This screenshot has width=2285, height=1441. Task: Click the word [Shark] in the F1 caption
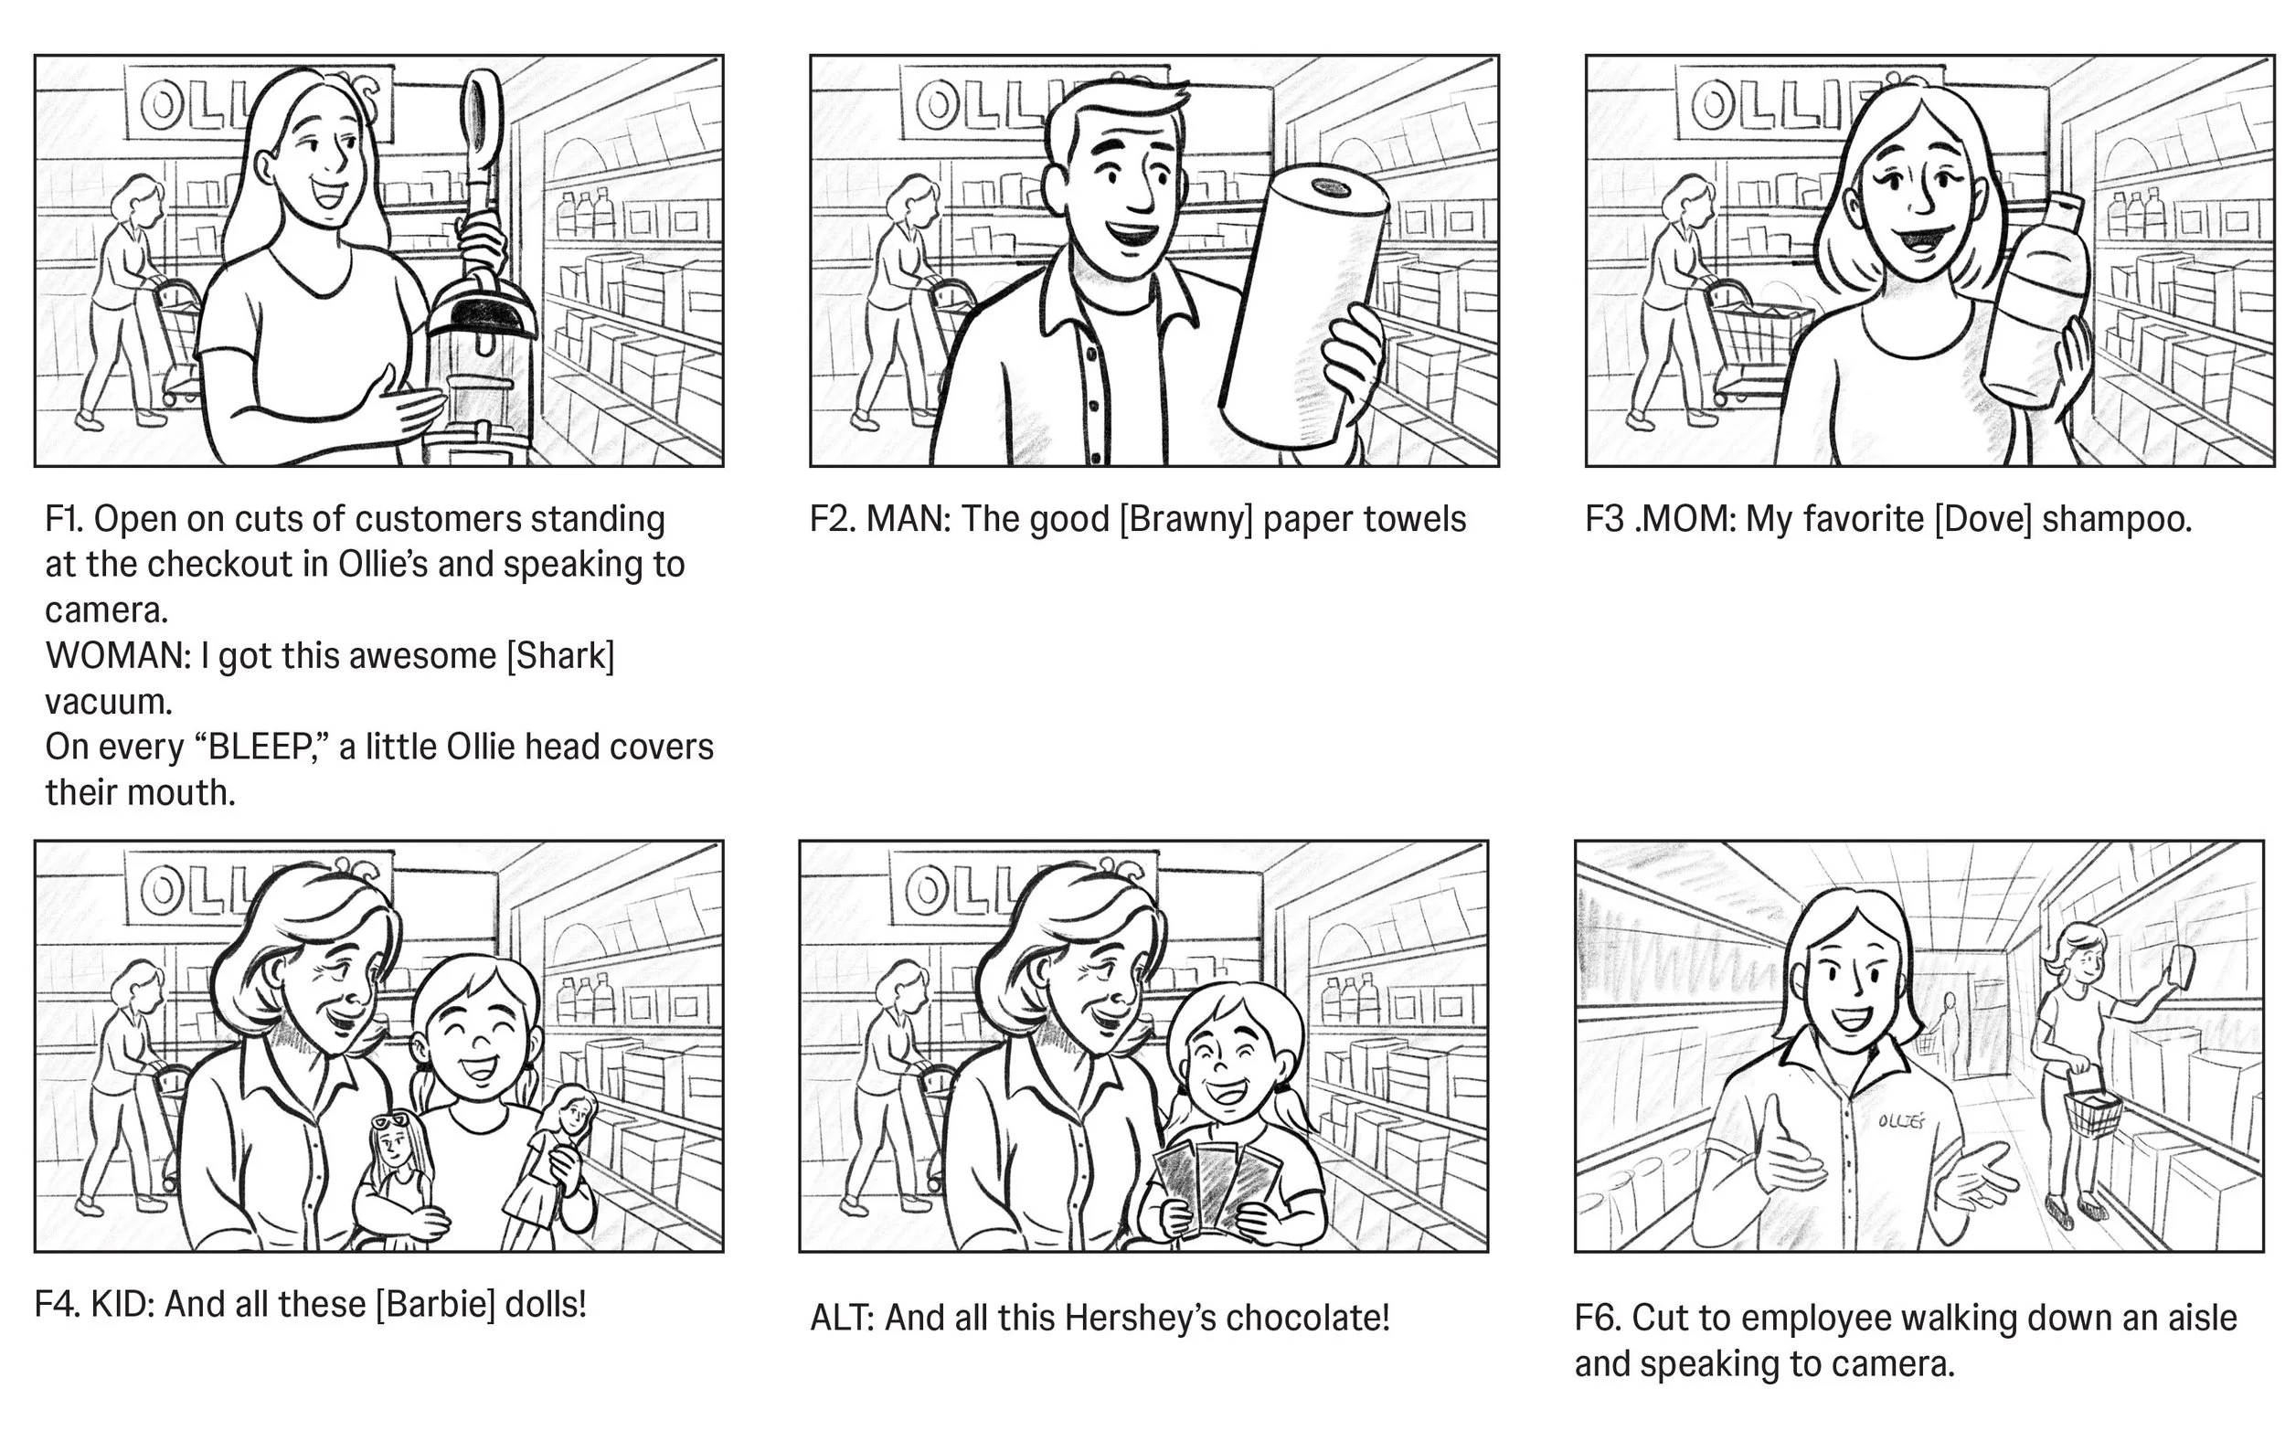pyautogui.click(x=561, y=655)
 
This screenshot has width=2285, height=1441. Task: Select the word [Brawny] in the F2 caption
pyautogui.click(x=1186, y=519)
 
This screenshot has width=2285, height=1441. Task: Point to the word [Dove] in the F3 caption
pyautogui.click(x=1983, y=519)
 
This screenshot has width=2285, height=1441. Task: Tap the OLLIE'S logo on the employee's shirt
pyautogui.click(x=1902, y=1121)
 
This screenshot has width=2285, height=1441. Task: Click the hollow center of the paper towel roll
pyautogui.click(x=1333, y=187)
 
